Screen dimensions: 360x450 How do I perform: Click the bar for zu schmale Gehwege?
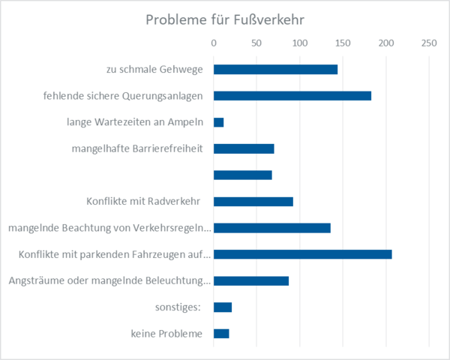(x=275, y=70)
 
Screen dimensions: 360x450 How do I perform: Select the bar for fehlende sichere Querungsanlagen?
(x=292, y=96)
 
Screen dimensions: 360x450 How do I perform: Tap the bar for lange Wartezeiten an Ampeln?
(x=219, y=122)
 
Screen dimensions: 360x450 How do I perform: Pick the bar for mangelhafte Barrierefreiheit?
(x=244, y=148)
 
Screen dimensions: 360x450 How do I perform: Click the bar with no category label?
(x=243, y=175)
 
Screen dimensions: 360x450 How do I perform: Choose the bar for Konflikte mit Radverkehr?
(x=253, y=202)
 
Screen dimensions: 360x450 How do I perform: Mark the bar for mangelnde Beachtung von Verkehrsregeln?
(x=272, y=228)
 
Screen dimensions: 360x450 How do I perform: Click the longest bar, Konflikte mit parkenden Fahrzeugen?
(x=303, y=254)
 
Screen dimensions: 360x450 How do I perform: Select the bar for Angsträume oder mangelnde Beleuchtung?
(x=251, y=281)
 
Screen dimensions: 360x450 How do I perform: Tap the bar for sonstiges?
(x=223, y=307)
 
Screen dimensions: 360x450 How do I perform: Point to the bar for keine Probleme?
(x=221, y=334)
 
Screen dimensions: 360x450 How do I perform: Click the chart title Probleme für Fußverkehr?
(x=224, y=18)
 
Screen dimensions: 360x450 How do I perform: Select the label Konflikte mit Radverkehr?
(x=148, y=202)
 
